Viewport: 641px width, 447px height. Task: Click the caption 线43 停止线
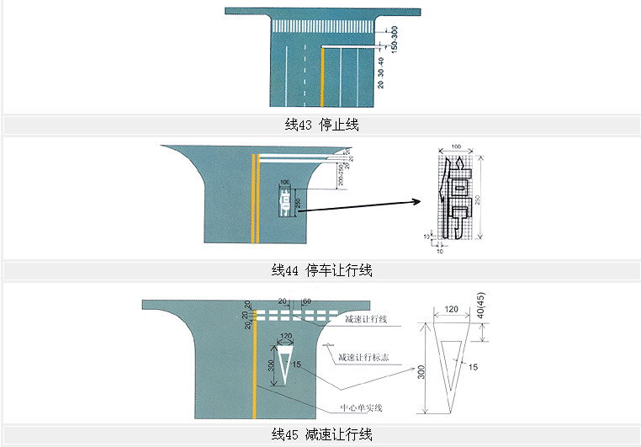point(321,125)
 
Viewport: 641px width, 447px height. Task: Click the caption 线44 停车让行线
point(321,270)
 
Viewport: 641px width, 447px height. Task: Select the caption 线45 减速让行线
point(321,434)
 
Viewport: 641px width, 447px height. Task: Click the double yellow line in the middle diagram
point(254,198)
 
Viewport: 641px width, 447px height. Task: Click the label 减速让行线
point(367,320)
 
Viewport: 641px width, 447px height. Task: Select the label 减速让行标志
point(365,358)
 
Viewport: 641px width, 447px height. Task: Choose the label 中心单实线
point(361,408)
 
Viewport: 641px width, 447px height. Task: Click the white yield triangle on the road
point(284,364)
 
